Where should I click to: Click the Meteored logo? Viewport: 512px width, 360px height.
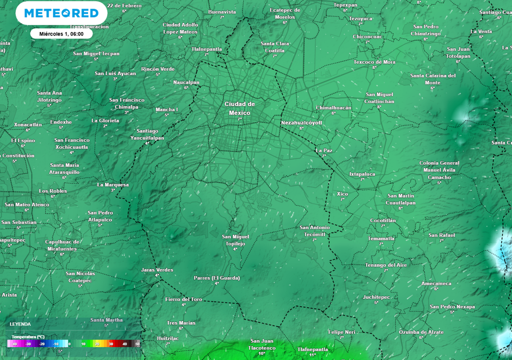pos(61,13)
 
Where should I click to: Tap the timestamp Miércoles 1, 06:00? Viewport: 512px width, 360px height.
pos(61,33)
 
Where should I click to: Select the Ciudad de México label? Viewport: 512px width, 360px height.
pos(239,108)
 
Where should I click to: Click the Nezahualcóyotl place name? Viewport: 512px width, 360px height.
pos(301,122)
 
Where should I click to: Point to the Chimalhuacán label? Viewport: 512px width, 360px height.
pos(333,107)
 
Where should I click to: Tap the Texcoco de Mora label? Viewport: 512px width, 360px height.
pos(374,62)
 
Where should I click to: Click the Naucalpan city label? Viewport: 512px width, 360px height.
pos(186,82)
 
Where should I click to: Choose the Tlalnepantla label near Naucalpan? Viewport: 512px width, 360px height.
pos(206,49)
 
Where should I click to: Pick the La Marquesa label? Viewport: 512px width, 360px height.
pos(112,184)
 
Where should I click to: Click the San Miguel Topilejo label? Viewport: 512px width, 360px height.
pos(235,240)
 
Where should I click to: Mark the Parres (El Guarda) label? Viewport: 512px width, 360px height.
pos(216,277)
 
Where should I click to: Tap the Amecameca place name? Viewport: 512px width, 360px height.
pos(436,283)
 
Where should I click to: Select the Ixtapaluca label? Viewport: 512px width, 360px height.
pos(362,174)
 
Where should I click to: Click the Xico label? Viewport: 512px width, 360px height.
pos(342,193)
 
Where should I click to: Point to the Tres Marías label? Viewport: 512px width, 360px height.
pos(181,322)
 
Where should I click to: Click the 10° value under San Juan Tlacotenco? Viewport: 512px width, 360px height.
pos(261,353)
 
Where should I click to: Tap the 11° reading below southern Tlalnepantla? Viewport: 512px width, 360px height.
pos(312,354)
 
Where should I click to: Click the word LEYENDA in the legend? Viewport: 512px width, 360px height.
pos(20,324)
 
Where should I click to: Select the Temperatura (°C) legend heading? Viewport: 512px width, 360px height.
pos(28,337)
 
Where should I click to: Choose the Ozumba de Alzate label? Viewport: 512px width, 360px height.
pos(421,332)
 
